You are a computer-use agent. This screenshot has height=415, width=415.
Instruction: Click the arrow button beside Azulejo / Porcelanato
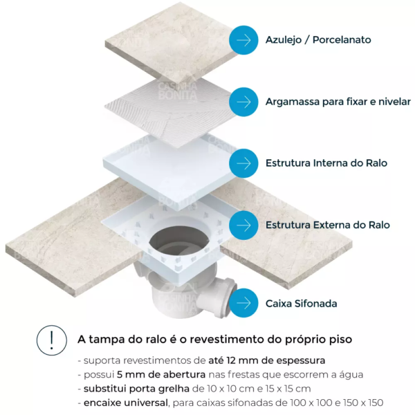coord(243,40)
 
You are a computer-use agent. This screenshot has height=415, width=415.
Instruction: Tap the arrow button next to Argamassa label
coord(243,102)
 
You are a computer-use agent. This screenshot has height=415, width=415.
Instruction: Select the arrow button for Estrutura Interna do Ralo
coord(243,163)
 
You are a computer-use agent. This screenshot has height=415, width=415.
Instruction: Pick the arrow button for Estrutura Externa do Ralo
coord(243,225)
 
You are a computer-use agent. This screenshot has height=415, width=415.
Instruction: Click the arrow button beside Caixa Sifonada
coord(243,303)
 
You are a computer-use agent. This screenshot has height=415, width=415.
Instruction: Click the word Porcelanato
coord(342,40)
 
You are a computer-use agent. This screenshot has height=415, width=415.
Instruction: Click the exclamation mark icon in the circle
coord(52,340)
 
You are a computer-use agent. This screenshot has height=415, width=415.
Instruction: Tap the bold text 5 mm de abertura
coord(161,374)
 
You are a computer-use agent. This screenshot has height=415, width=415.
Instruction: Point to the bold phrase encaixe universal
coord(126,403)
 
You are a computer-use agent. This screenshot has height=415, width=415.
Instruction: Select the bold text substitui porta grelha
coord(136,389)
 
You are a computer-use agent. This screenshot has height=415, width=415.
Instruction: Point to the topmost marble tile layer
coord(172,42)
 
